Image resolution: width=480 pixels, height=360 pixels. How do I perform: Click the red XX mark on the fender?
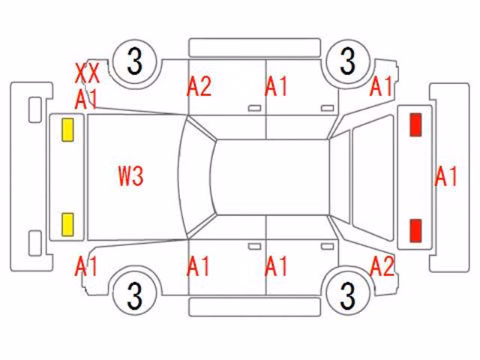[88, 73]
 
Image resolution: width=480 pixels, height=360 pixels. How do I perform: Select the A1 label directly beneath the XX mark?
[86, 99]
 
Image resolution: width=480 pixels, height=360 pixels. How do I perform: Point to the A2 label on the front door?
[199, 87]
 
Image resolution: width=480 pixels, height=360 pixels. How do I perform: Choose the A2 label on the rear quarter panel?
[382, 266]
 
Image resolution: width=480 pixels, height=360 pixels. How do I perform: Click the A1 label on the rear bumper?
[446, 176]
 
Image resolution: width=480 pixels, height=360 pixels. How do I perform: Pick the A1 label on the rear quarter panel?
[381, 86]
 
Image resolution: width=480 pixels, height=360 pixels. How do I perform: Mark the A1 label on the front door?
[198, 266]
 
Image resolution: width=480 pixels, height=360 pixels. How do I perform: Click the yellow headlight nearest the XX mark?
[67, 130]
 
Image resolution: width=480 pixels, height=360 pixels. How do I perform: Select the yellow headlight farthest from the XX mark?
[67, 225]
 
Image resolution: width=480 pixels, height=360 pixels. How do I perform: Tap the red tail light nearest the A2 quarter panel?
[415, 230]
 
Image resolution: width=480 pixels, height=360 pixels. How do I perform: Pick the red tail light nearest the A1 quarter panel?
[415, 124]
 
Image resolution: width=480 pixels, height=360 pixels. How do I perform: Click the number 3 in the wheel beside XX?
[135, 61]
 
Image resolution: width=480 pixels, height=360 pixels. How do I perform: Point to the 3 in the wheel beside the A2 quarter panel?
[348, 295]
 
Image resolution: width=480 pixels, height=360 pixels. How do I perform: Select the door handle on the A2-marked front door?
[254, 108]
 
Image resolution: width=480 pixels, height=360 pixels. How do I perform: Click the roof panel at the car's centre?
[272, 177]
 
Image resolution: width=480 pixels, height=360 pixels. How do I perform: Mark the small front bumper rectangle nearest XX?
[35, 110]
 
